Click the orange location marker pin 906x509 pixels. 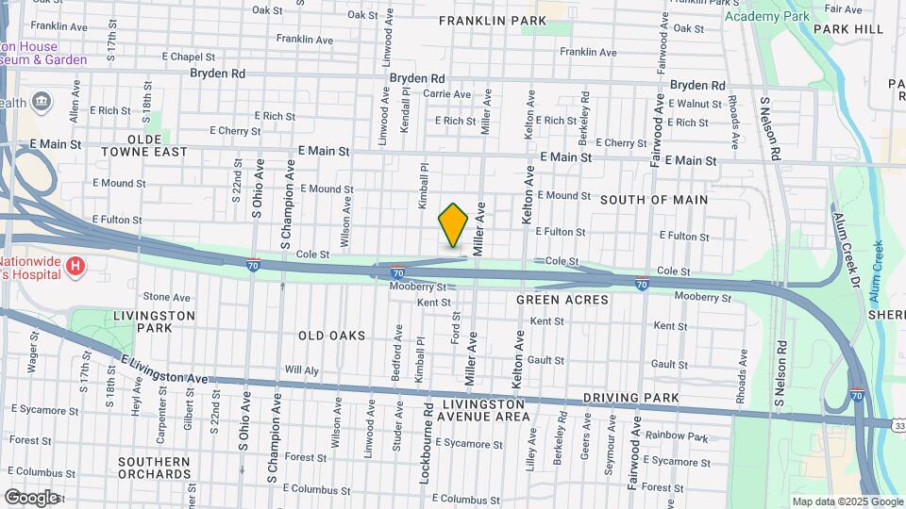453,224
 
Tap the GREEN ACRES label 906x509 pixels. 562,300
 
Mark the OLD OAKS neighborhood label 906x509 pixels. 331,336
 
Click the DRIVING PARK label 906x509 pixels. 631,399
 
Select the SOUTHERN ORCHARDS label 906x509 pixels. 155,468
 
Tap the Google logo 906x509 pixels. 31,497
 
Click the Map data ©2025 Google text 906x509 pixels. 846,501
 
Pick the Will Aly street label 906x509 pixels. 302,370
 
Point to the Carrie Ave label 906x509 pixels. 446,94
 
